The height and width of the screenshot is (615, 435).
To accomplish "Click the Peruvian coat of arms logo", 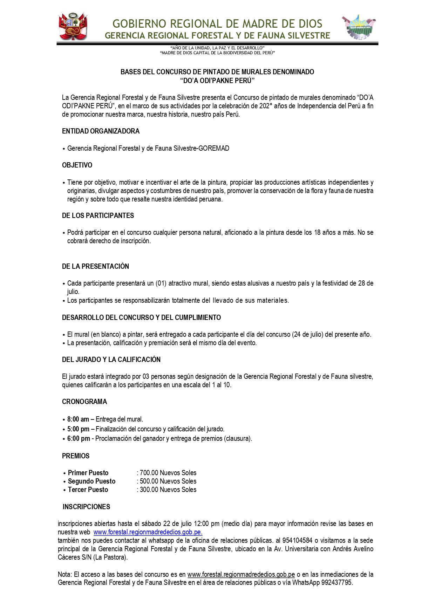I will [73, 27].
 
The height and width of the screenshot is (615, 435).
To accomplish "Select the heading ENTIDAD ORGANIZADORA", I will [101, 131].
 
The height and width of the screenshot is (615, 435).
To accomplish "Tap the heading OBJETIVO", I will [77, 165].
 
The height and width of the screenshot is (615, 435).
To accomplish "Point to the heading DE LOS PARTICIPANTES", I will [98, 216].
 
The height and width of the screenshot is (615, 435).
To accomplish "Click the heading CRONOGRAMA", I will [84, 402].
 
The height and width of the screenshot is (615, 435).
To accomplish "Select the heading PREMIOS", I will [76, 456].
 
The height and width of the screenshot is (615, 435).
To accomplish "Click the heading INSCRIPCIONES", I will [86, 507].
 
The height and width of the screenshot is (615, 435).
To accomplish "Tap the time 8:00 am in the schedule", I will [78, 419].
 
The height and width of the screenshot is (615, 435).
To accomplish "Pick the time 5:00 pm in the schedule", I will [78, 429].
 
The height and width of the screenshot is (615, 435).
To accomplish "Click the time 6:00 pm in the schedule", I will [79, 438].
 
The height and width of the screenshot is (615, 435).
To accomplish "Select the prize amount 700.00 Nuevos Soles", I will [168, 473].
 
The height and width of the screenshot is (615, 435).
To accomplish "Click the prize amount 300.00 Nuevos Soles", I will [168, 490].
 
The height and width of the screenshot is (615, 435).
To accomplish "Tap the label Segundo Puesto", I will [91, 481].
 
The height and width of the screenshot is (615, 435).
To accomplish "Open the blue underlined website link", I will [148, 532].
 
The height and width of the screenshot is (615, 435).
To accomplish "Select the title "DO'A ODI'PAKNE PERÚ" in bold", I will [217, 81].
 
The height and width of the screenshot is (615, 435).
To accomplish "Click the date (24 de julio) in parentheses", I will [307, 334].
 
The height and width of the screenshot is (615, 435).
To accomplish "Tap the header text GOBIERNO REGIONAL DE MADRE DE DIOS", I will [217, 24].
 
